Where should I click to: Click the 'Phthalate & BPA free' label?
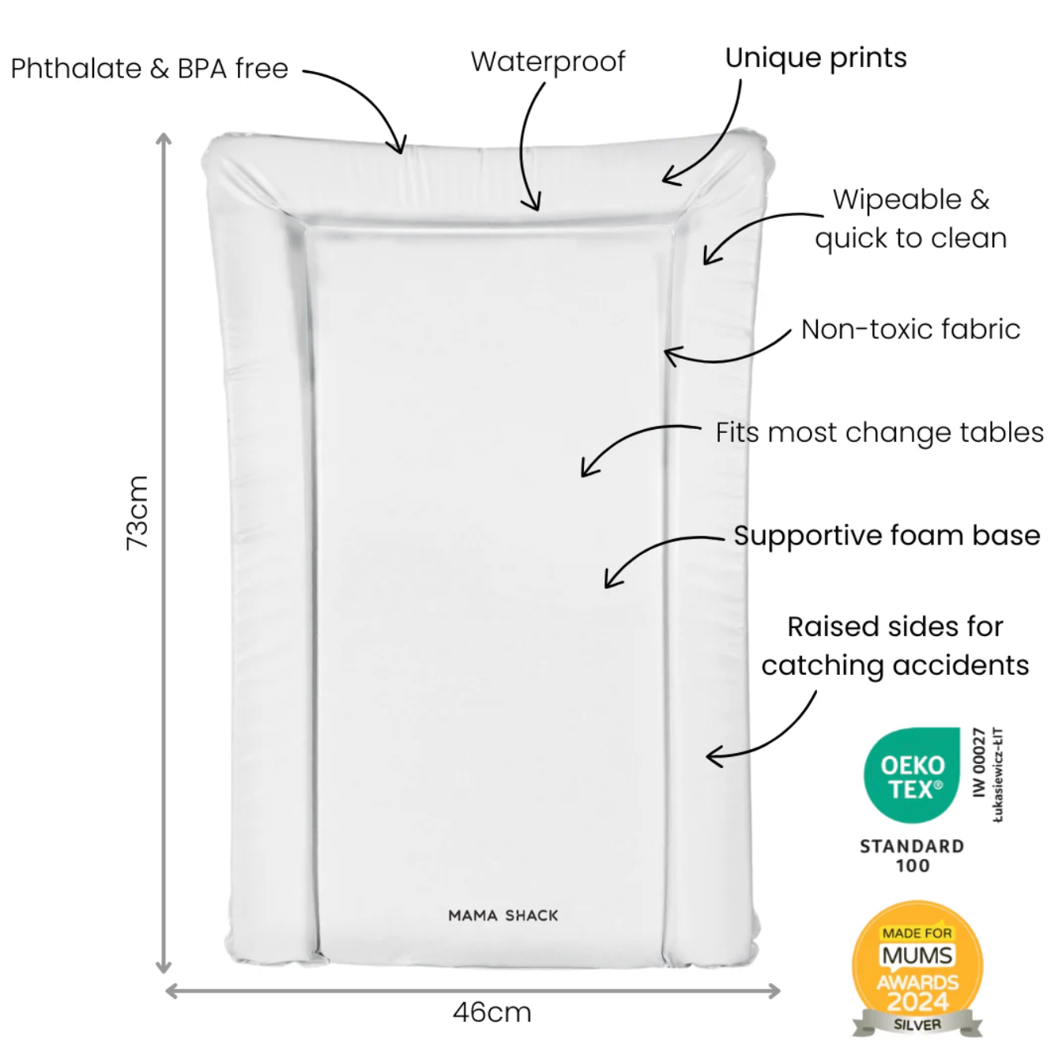pos(149,69)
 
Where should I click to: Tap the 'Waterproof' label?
pos(548,62)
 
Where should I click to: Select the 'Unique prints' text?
pos(815,58)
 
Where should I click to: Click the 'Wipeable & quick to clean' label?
pos(911,219)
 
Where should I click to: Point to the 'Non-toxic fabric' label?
pos(910,330)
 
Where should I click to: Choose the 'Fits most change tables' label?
pos(879,432)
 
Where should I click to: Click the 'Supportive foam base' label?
pos(887,536)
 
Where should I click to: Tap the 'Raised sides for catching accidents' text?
pos(895,646)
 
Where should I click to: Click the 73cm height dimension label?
pos(137,513)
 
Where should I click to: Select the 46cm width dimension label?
pos(491,1012)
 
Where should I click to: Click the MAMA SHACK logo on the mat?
pos(503,916)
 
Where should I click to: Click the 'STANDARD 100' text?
pos(912,856)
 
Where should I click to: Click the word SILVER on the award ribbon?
pos(917,1025)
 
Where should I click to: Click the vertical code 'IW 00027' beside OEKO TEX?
pos(980,763)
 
